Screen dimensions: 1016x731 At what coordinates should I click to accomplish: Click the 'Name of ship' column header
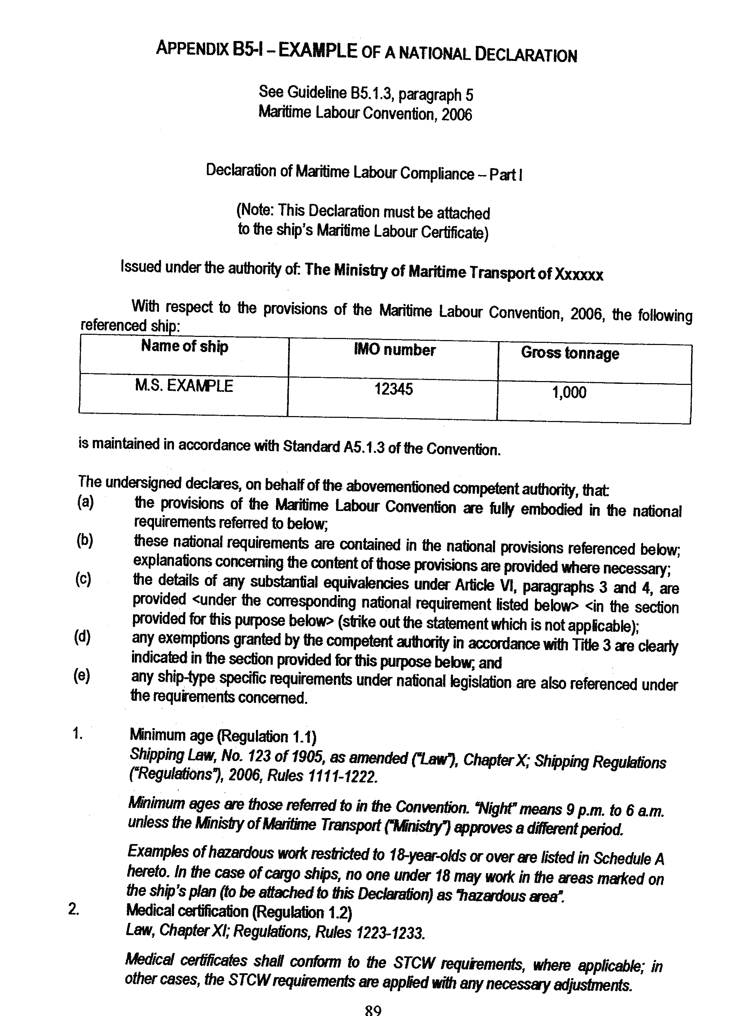pos(185,346)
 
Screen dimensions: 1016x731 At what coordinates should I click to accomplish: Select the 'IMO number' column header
pos(394,350)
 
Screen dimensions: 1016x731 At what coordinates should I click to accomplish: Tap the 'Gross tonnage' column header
pos(570,353)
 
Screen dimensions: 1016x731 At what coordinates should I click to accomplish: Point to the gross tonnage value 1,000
pos(569,392)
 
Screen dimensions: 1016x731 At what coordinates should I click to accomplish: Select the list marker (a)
pos(85,502)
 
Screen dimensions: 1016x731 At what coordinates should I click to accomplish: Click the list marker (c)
pos(83,579)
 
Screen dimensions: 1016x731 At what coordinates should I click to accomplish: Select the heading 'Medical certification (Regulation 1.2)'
pos(239,912)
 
